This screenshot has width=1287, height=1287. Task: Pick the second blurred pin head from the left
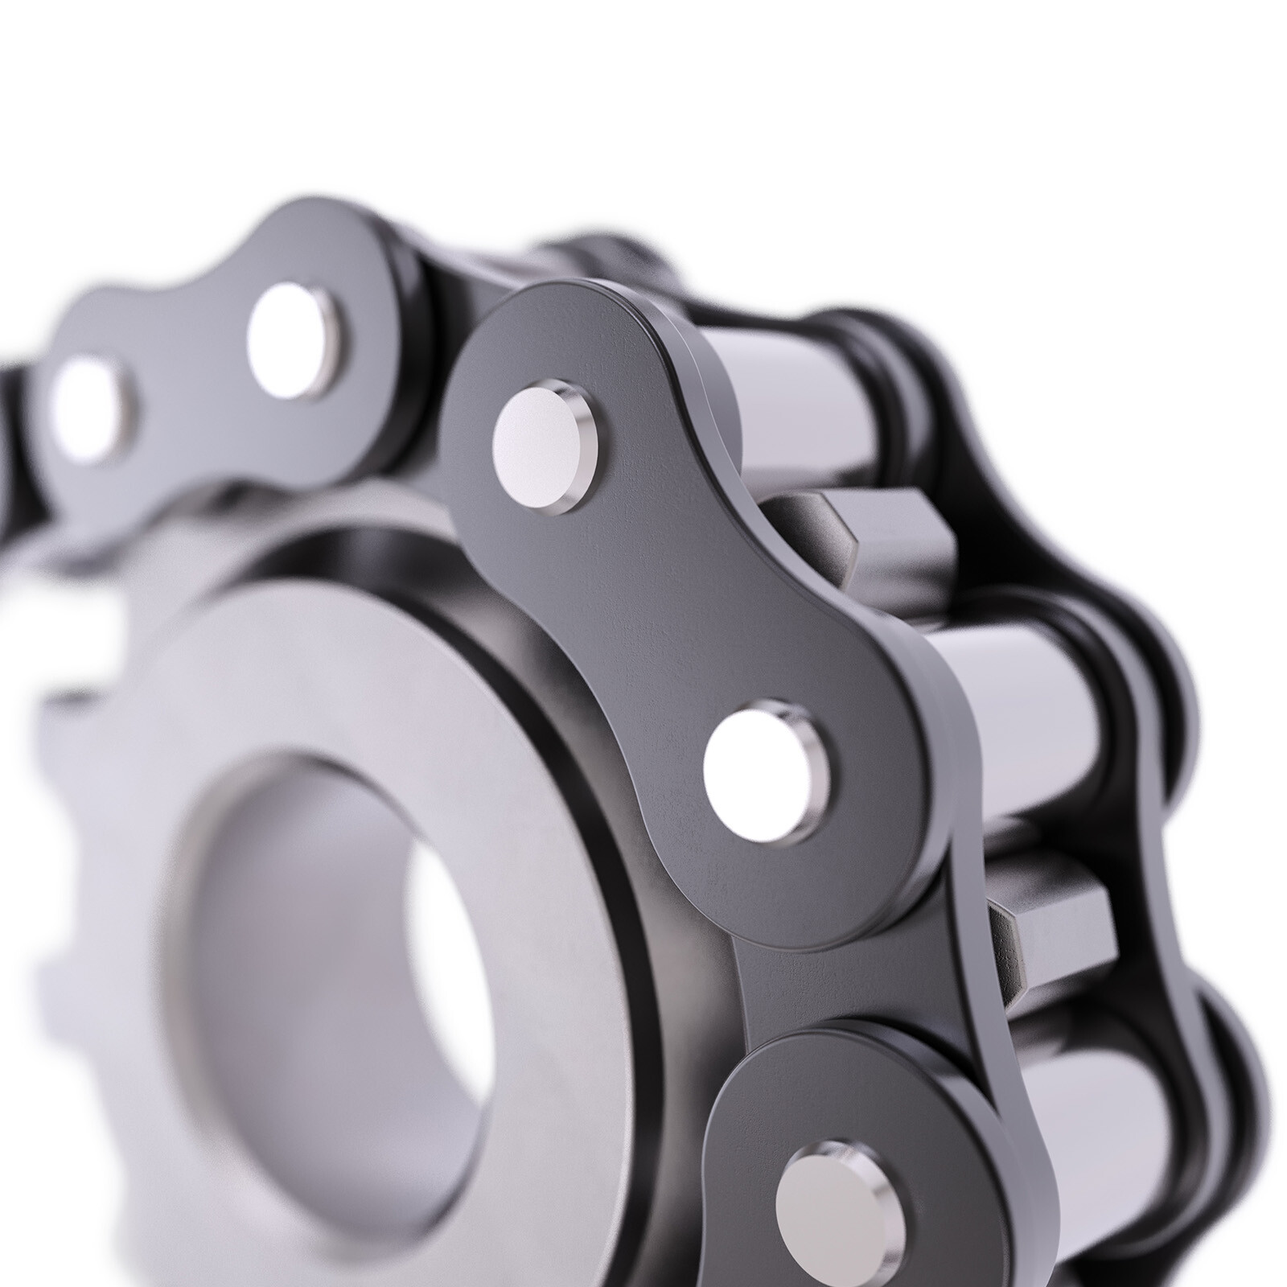click(x=298, y=339)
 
